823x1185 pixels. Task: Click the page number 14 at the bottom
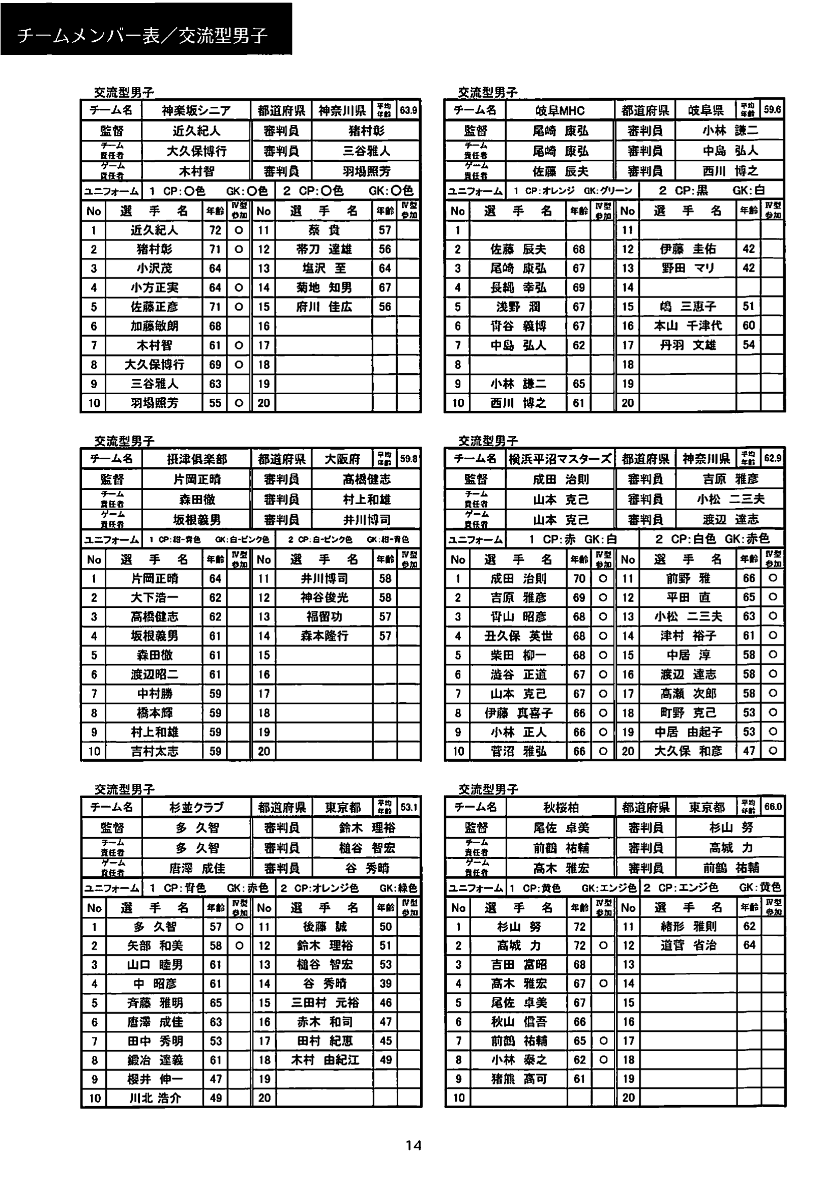pos(413,1145)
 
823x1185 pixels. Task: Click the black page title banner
pos(146,29)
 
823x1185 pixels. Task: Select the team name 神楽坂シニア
pos(196,110)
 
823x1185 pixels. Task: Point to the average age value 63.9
pos(408,110)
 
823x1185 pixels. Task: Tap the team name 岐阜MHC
pos(560,110)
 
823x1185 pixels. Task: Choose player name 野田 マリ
pos(688,268)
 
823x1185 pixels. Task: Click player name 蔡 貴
pos(324,230)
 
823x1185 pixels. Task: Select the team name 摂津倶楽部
pos(196,459)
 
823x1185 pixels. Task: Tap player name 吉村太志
pos(154,751)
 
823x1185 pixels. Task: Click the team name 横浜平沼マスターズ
pos(560,459)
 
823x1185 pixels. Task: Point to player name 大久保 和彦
pos(688,751)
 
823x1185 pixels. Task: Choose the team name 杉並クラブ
pos(196,807)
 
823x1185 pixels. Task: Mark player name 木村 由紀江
pos(325,1060)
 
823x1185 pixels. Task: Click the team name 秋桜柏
pos(561,807)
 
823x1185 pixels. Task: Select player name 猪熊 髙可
pos(518,1079)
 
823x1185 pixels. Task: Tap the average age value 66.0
pos(773,807)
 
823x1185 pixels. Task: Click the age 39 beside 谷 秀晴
pos(385,983)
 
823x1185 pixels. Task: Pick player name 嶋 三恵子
pos(688,306)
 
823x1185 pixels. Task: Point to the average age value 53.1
pos(409,807)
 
